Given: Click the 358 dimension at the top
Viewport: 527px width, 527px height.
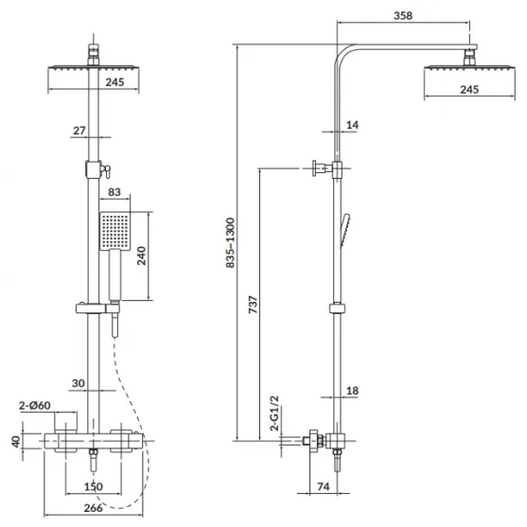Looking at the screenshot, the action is click(403, 15).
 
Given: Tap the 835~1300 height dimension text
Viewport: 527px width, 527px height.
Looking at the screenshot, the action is click(230, 242).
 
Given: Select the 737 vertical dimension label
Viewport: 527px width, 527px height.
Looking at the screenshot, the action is click(253, 305).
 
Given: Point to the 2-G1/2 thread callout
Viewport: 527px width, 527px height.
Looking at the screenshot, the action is click(274, 413).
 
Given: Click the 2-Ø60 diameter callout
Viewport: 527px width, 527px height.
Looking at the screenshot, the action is click(35, 405).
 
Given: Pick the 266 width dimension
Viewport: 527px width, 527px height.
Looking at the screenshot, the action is click(93, 507).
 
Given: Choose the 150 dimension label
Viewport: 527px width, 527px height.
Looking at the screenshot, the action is click(93, 486).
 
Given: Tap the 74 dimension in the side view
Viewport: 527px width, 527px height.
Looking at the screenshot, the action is click(323, 486).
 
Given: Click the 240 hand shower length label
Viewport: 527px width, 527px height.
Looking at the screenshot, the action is click(142, 255).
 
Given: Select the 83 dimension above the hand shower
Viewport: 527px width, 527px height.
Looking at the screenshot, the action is click(114, 192).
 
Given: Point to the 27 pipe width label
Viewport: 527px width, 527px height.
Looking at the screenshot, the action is click(79, 131).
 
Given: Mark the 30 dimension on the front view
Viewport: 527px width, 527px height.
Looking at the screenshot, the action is click(79, 383).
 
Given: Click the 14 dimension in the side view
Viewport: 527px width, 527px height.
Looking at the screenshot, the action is click(352, 125).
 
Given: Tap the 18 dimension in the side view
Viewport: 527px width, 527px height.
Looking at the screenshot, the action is click(352, 391).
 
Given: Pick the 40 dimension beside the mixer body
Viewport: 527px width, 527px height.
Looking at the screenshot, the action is click(16, 441).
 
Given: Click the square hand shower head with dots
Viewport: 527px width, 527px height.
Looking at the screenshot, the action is click(114, 231).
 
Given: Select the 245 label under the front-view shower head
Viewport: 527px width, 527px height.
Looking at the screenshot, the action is click(114, 82).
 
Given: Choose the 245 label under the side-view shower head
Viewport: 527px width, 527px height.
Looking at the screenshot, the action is click(469, 89).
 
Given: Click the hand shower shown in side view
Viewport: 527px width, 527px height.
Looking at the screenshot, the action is click(345, 230).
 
